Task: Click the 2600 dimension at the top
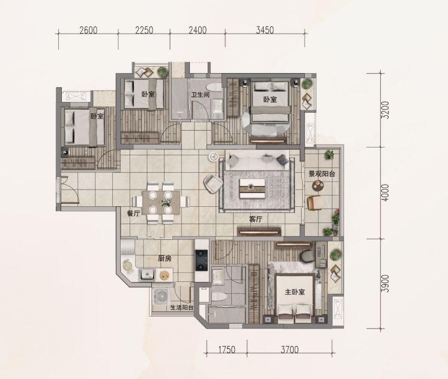[88, 30]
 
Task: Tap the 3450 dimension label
[265, 30]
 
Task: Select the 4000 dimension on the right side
[385, 193]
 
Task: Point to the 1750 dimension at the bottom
[227, 350]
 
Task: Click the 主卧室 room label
[295, 291]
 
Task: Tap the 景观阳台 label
[322, 174]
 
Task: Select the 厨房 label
[165, 258]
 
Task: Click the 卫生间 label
[201, 95]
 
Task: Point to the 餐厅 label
[133, 213]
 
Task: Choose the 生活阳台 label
[182, 308]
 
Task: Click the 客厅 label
[256, 219]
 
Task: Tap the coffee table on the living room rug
[252, 189]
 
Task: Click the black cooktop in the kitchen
[201, 260]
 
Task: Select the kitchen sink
[147, 275]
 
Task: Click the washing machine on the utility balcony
[162, 296]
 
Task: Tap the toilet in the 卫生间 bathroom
[215, 87]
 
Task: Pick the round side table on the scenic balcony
[318, 185]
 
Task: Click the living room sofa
[258, 160]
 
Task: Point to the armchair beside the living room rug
[213, 184]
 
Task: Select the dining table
[161, 202]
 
